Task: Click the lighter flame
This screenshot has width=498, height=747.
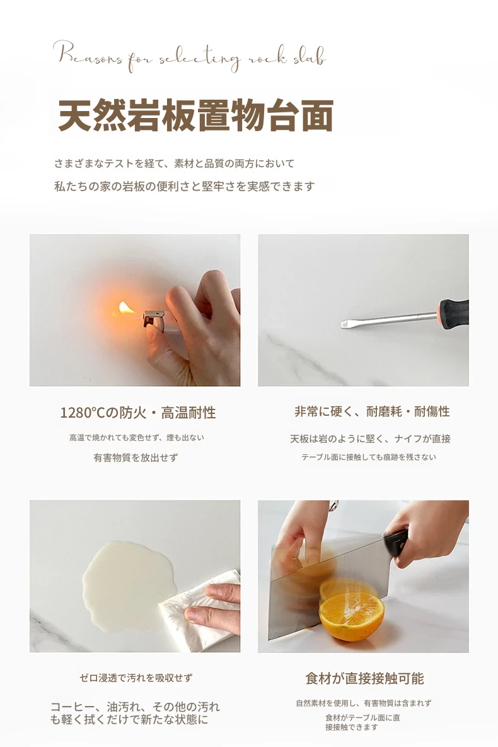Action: pyautogui.click(x=126, y=308)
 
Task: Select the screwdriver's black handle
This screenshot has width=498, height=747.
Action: pyautogui.click(x=454, y=313)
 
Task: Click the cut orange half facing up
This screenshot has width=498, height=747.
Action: pyautogui.click(x=351, y=616)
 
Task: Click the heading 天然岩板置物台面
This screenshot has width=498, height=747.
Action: pyautogui.click(x=195, y=115)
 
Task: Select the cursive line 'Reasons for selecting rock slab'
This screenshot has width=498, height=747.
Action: pyautogui.click(x=190, y=57)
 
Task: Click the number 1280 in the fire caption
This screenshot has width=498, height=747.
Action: pyautogui.click(x=76, y=413)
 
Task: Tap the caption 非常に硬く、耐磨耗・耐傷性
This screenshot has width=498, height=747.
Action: pyautogui.click(x=372, y=411)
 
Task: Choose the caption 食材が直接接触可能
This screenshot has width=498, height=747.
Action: pyautogui.click(x=364, y=678)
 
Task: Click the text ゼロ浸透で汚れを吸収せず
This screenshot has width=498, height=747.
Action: pyautogui.click(x=136, y=678)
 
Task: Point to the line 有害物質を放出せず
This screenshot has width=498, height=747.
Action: pyautogui.click(x=136, y=458)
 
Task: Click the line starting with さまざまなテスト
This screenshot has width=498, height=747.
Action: pyautogui.click(x=174, y=163)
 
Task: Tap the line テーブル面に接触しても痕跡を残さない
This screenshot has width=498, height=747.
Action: pyautogui.click(x=369, y=457)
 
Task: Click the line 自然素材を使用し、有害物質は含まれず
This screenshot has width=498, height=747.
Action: pyautogui.click(x=364, y=703)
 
